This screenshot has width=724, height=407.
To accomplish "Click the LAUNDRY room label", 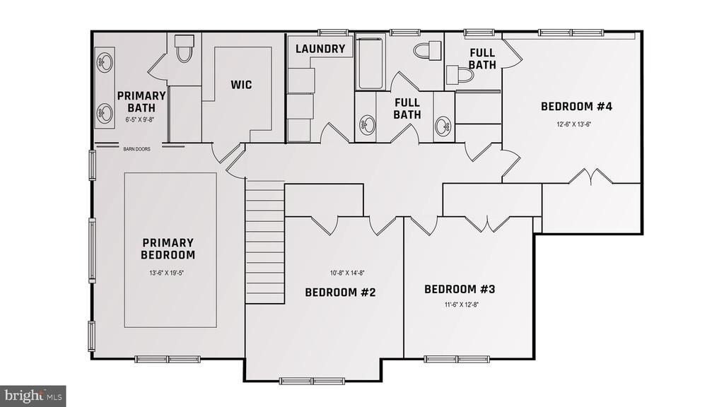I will (320, 49).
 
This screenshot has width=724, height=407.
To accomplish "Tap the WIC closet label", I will (241, 85).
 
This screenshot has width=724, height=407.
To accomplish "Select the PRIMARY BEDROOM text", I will (168, 249).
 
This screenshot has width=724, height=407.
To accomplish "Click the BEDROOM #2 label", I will (339, 292).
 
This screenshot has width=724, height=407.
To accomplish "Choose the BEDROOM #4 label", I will (576, 107).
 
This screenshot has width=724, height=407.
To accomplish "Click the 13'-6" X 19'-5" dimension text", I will (168, 272).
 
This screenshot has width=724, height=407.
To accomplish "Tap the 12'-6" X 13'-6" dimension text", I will (573, 124).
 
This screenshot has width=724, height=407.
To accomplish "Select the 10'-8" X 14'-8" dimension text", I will (347, 272).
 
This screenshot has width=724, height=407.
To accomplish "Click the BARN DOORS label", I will (137, 149).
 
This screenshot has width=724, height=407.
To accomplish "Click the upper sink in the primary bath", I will (105, 62).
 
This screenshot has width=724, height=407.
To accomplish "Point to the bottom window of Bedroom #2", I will (312, 381).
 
